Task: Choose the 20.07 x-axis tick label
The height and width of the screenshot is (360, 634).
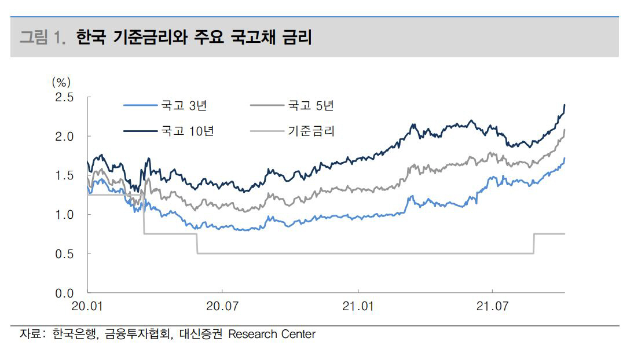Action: (x=222, y=306)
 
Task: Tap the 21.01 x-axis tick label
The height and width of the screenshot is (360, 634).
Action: (x=359, y=306)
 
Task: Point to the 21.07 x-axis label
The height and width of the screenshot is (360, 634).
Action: (x=492, y=306)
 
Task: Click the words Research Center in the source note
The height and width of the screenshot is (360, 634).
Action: (x=272, y=335)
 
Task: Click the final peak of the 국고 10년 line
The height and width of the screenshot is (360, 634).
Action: (x=565, y=105)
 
